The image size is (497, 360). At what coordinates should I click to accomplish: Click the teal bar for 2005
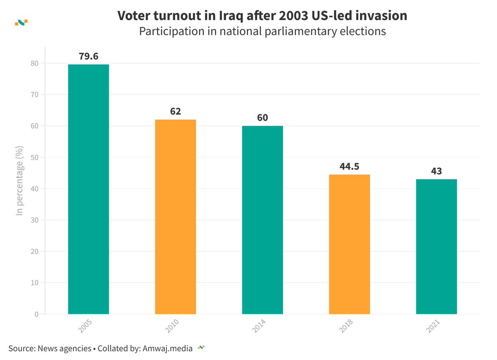coord(88,189)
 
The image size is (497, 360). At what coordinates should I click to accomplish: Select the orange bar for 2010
coord(175,217)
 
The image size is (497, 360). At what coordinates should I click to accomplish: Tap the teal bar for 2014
coord(262,220)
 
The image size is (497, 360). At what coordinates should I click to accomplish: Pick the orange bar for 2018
coord(349,244)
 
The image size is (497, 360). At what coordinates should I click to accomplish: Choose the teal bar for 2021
coord(436,246)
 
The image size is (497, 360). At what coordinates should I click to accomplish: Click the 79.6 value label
coord(89,56)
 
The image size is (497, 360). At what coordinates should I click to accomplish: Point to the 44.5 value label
coord(349,167)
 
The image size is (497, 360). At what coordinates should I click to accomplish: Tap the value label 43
coord(436,171)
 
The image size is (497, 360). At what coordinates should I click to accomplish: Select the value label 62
coord(175,111)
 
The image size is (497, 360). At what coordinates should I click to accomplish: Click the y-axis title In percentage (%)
coord(19,180)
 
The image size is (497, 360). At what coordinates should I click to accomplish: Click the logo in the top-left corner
coord(21,22)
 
